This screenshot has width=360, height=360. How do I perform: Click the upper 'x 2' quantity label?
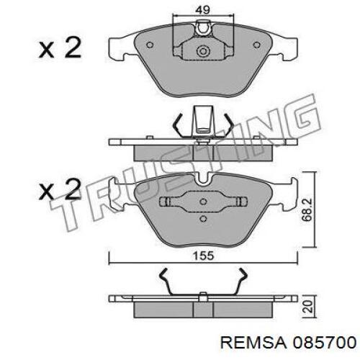tap(60, 49)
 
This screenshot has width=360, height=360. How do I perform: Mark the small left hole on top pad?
tap(149, 43)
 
